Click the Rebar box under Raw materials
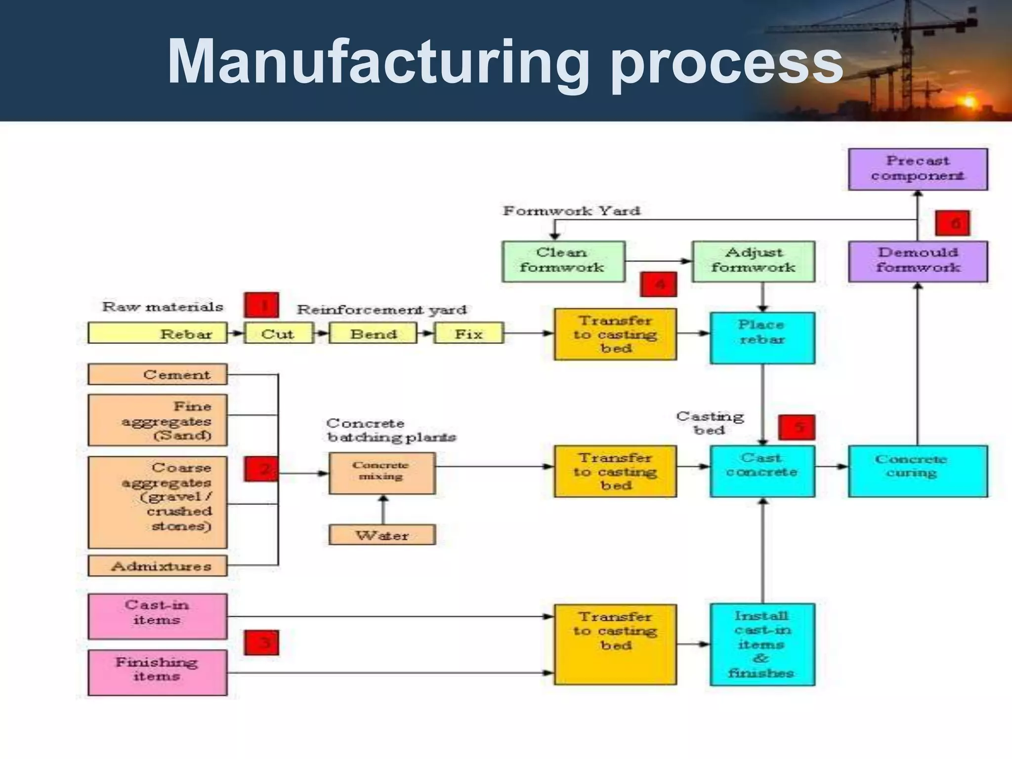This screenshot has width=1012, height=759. (157, 333)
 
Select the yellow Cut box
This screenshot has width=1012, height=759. (278, 333)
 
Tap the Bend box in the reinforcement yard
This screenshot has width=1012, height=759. (373, 333)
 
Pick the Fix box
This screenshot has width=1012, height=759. (468, 333)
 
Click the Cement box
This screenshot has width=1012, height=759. (157, 375)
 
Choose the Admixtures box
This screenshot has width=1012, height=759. (157, 566)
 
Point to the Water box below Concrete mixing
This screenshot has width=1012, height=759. (381, 535)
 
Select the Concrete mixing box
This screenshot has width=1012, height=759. (381, 473)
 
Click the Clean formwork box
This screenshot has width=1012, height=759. (563, 261)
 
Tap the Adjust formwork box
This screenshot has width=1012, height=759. (753, 261)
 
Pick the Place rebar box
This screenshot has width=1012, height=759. (762, 338)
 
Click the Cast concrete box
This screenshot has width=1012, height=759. (762, 471)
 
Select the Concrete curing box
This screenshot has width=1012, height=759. (917, 471)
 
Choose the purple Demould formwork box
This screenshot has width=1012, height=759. (918, 261)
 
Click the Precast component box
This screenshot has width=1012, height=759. (918, 169)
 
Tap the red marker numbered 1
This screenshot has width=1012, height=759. (261, 305)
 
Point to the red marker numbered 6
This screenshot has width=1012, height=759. (952, 223)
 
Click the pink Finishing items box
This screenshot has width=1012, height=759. (157, 673)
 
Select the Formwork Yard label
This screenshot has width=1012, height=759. (571, 211)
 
